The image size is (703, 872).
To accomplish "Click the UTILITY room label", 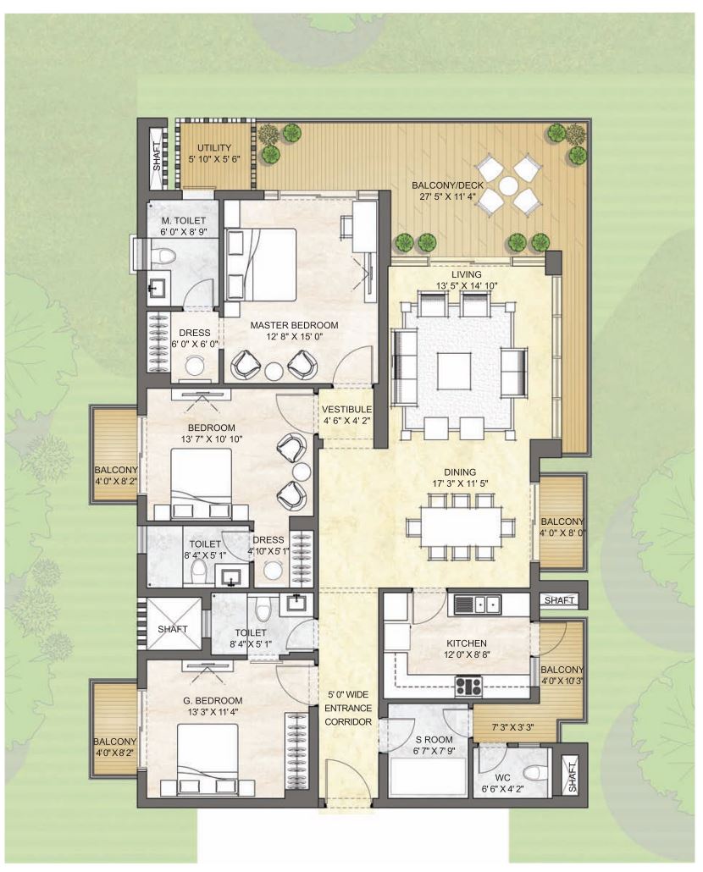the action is tap(214, 147).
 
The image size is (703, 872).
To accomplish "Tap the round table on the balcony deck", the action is tap(507, 184).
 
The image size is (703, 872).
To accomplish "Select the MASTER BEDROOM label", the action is tap(294, 325).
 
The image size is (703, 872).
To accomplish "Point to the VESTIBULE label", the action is tap(346, 410).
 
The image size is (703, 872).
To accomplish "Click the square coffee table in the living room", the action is tap(454, 372).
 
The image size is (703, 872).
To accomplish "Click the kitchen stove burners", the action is tap(469, 685).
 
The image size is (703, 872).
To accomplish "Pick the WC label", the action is tap(503, 777).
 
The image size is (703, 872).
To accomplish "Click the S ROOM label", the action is tap(434, 740).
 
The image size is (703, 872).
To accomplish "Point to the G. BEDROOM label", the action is tap(213, 701).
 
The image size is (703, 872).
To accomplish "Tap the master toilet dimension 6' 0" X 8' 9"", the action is tap(184, 231).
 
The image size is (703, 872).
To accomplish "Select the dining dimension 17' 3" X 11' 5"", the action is tap(460, 483).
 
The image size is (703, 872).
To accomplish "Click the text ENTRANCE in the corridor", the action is tap(348, 708).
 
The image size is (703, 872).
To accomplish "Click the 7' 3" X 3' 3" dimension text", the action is tap(512, 726).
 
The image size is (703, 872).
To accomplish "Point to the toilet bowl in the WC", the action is tap(532, 773).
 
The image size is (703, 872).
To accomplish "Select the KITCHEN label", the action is tap(467, 643).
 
